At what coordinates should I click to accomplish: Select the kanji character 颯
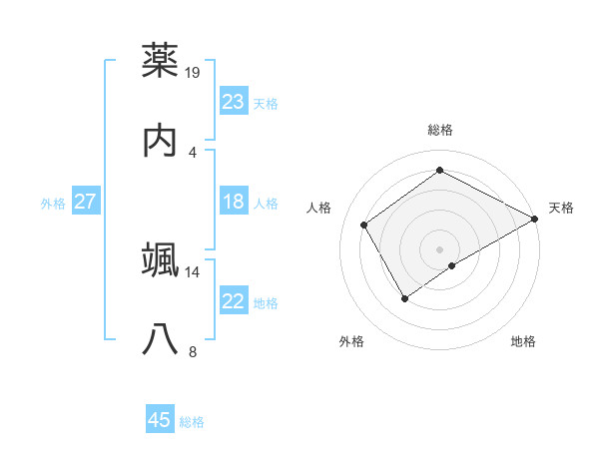(x=161, y=258)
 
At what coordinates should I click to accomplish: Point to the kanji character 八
(x=161, y=339)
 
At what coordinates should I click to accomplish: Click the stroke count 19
(x=194, y=72)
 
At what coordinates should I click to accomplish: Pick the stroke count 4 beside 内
(x=193, y=152)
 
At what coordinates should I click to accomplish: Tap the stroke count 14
(x=194, y=271)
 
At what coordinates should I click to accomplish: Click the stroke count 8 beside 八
(x=193, y=351)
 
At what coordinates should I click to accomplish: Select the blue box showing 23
(x=233, y=101)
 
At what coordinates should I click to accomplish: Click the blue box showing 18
(x=233, y=202)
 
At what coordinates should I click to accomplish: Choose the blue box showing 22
(x=233, y=301)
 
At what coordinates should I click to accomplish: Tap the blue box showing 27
(x=85, y=202)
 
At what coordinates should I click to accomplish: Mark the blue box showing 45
(x=160, y=420)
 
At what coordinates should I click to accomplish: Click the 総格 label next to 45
(x=192, y=422)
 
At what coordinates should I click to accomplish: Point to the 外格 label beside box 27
(x=53, y=204)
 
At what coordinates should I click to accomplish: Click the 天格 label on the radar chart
(x=561, y=208)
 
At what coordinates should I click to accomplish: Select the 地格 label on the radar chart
(x=523, y=341)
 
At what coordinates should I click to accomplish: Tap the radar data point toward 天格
(x=535, y=218)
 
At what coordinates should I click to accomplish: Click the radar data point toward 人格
(x=364, y=225)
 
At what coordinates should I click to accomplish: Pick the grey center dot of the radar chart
(x=440, y=248)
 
